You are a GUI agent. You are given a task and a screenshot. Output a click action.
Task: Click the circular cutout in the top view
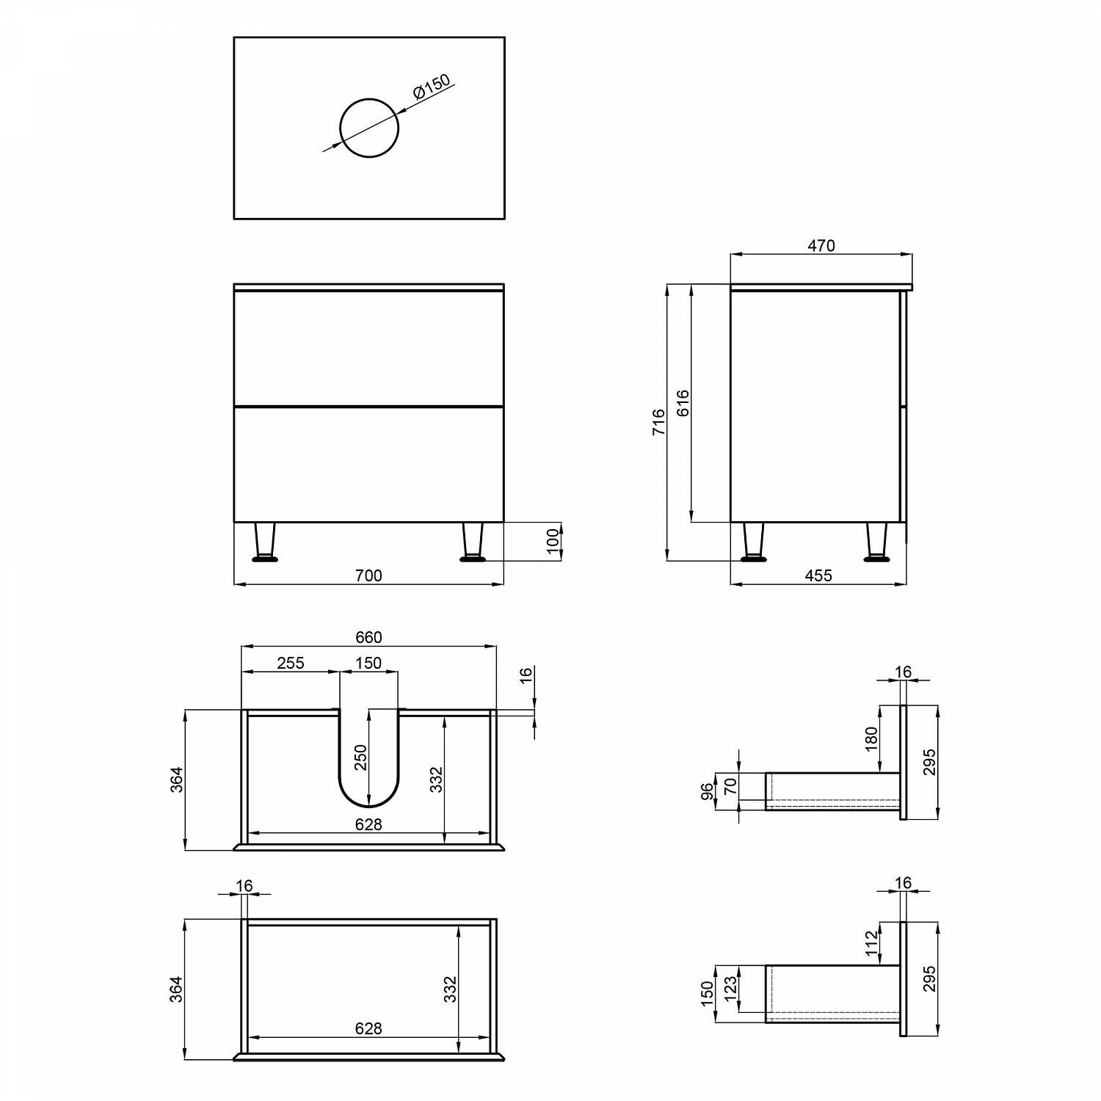[369, 99]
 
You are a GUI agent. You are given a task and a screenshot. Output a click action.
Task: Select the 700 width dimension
[368, 576]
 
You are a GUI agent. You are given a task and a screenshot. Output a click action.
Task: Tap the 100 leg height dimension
[553, 542]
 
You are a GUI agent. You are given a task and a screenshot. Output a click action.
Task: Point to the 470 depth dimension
[821, 246]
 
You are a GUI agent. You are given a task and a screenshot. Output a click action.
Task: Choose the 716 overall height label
[659, 423]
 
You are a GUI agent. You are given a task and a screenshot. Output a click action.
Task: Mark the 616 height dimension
[683, 403]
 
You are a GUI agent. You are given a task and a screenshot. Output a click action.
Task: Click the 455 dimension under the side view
[818, 576]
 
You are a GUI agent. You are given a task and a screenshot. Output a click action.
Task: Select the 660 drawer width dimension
[368, 638]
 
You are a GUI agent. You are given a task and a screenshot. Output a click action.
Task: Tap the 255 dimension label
[291, 663]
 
